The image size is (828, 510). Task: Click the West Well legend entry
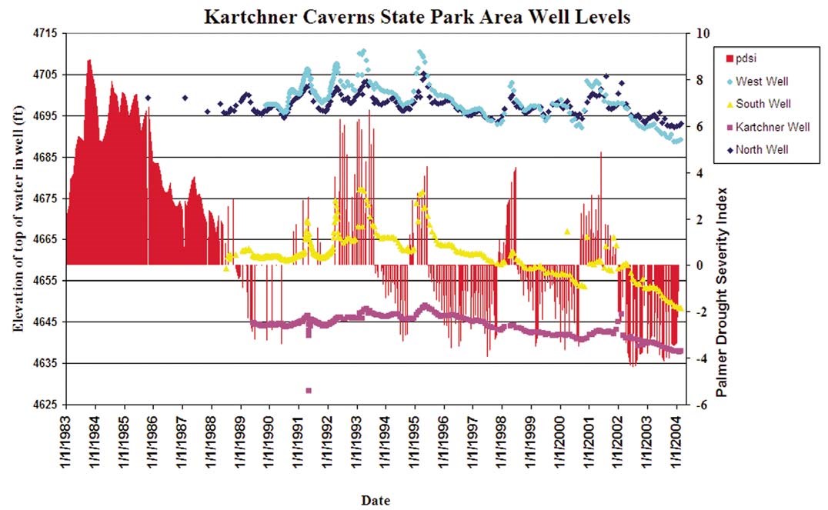(760, 81)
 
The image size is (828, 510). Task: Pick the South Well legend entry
(762, 104)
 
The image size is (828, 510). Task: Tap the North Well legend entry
(761, 149)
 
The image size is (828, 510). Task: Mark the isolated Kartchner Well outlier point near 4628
(309, 391)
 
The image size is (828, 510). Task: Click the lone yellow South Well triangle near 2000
(567, 231)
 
